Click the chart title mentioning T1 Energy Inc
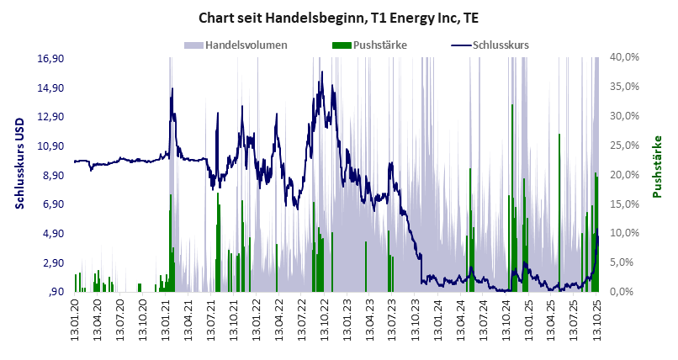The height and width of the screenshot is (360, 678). pos(338,17)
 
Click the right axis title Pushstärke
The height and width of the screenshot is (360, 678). pos(658,167)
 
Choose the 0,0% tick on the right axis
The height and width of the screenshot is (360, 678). pos(627,292)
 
